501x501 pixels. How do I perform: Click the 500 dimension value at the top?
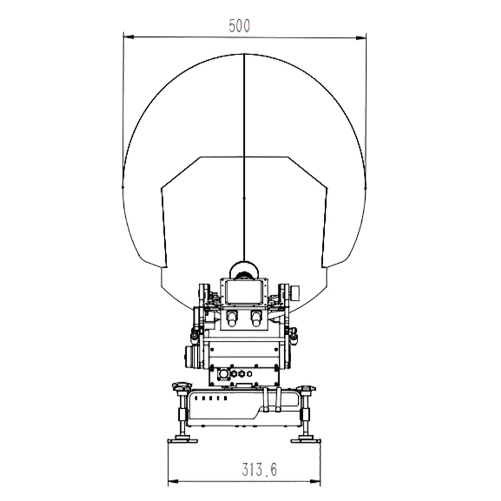(239, 26)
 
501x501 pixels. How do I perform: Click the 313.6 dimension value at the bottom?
(259, 469)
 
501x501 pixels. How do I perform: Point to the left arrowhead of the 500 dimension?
(128, 38)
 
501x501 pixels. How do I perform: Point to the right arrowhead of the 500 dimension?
(361, 38)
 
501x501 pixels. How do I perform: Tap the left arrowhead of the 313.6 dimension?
(173, 481)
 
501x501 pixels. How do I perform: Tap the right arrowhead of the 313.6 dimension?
(315, 481)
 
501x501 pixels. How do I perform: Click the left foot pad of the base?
(183, 441)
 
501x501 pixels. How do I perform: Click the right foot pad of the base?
(306, 441)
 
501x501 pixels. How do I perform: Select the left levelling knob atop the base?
(181, 386)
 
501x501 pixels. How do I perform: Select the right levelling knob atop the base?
(306, 388)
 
